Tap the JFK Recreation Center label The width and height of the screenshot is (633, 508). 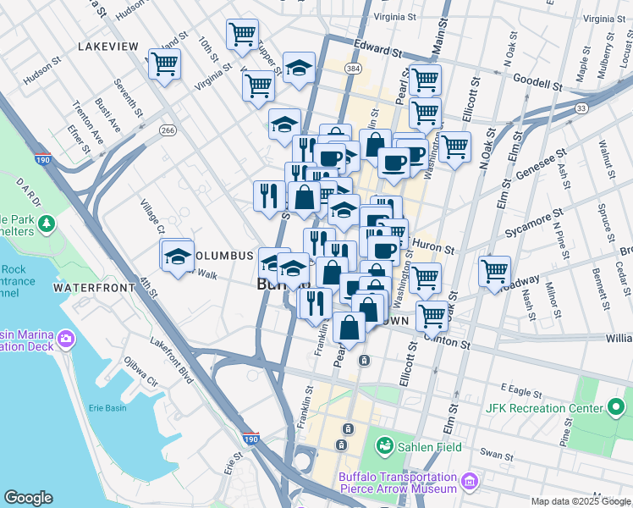click(537, 407)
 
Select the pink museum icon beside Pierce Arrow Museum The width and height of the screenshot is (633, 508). click(471, 482)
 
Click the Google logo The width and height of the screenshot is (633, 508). click(29, 497)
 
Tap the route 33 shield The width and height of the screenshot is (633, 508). click(581, 108)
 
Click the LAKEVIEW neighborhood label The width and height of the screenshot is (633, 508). click(107, 47)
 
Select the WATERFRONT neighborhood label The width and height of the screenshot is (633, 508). click(93, 288)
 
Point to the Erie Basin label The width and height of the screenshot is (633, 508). click(107, 408)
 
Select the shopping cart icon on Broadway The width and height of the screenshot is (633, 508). click(494, 272)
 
